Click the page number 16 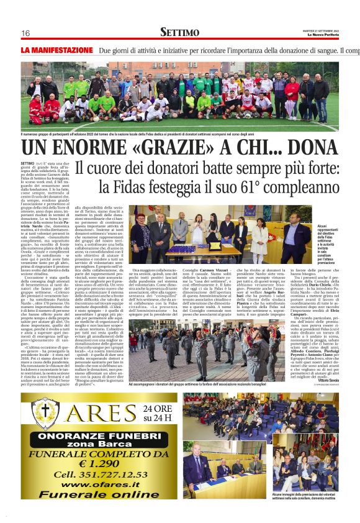(25, 33)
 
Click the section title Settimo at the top (179, 32)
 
